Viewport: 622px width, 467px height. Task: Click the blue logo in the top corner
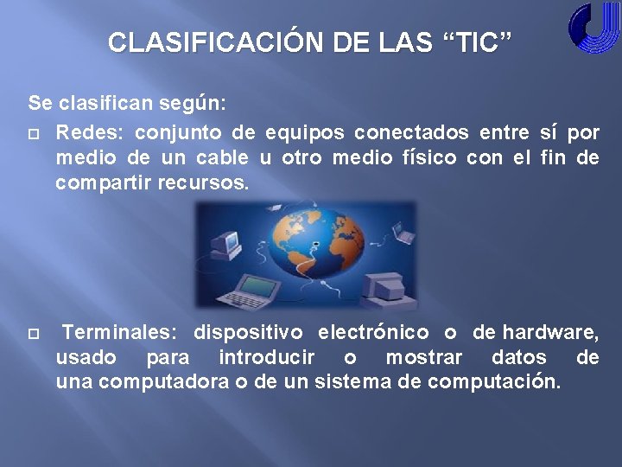(x=593, y=29)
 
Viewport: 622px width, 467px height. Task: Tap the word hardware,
(x=551, y=332)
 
